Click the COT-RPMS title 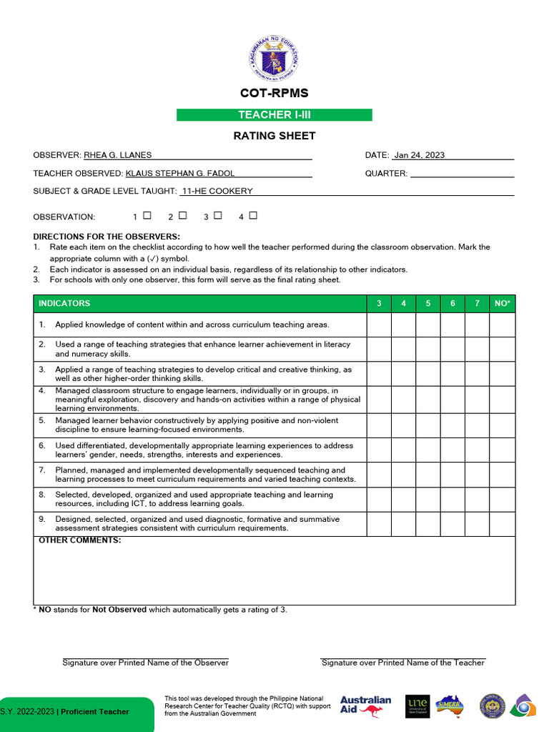click(274, 94)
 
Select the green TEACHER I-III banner click(274, 115)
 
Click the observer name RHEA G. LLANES click(118, 155)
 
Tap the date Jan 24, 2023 click(419, 155)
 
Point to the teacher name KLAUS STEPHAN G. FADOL click(180, 173)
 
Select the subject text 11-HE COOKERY click(217, 191)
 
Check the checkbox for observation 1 click(147, 215)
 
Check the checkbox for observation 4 click(253, 215)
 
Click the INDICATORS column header click(64, 303)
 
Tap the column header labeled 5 click(428, 303)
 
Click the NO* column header click(503, 303)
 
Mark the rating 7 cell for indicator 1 click(477, 325)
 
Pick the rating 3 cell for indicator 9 click(379, 524)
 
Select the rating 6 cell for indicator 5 click(452, 425)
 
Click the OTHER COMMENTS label click(79, 540)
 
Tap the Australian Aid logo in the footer click(365, 706)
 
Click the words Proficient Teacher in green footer click(95, 711)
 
